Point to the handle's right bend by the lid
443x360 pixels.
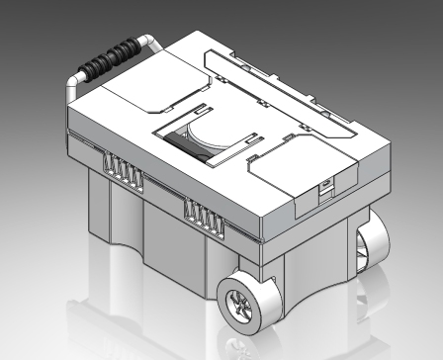(x=153, y=43)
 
